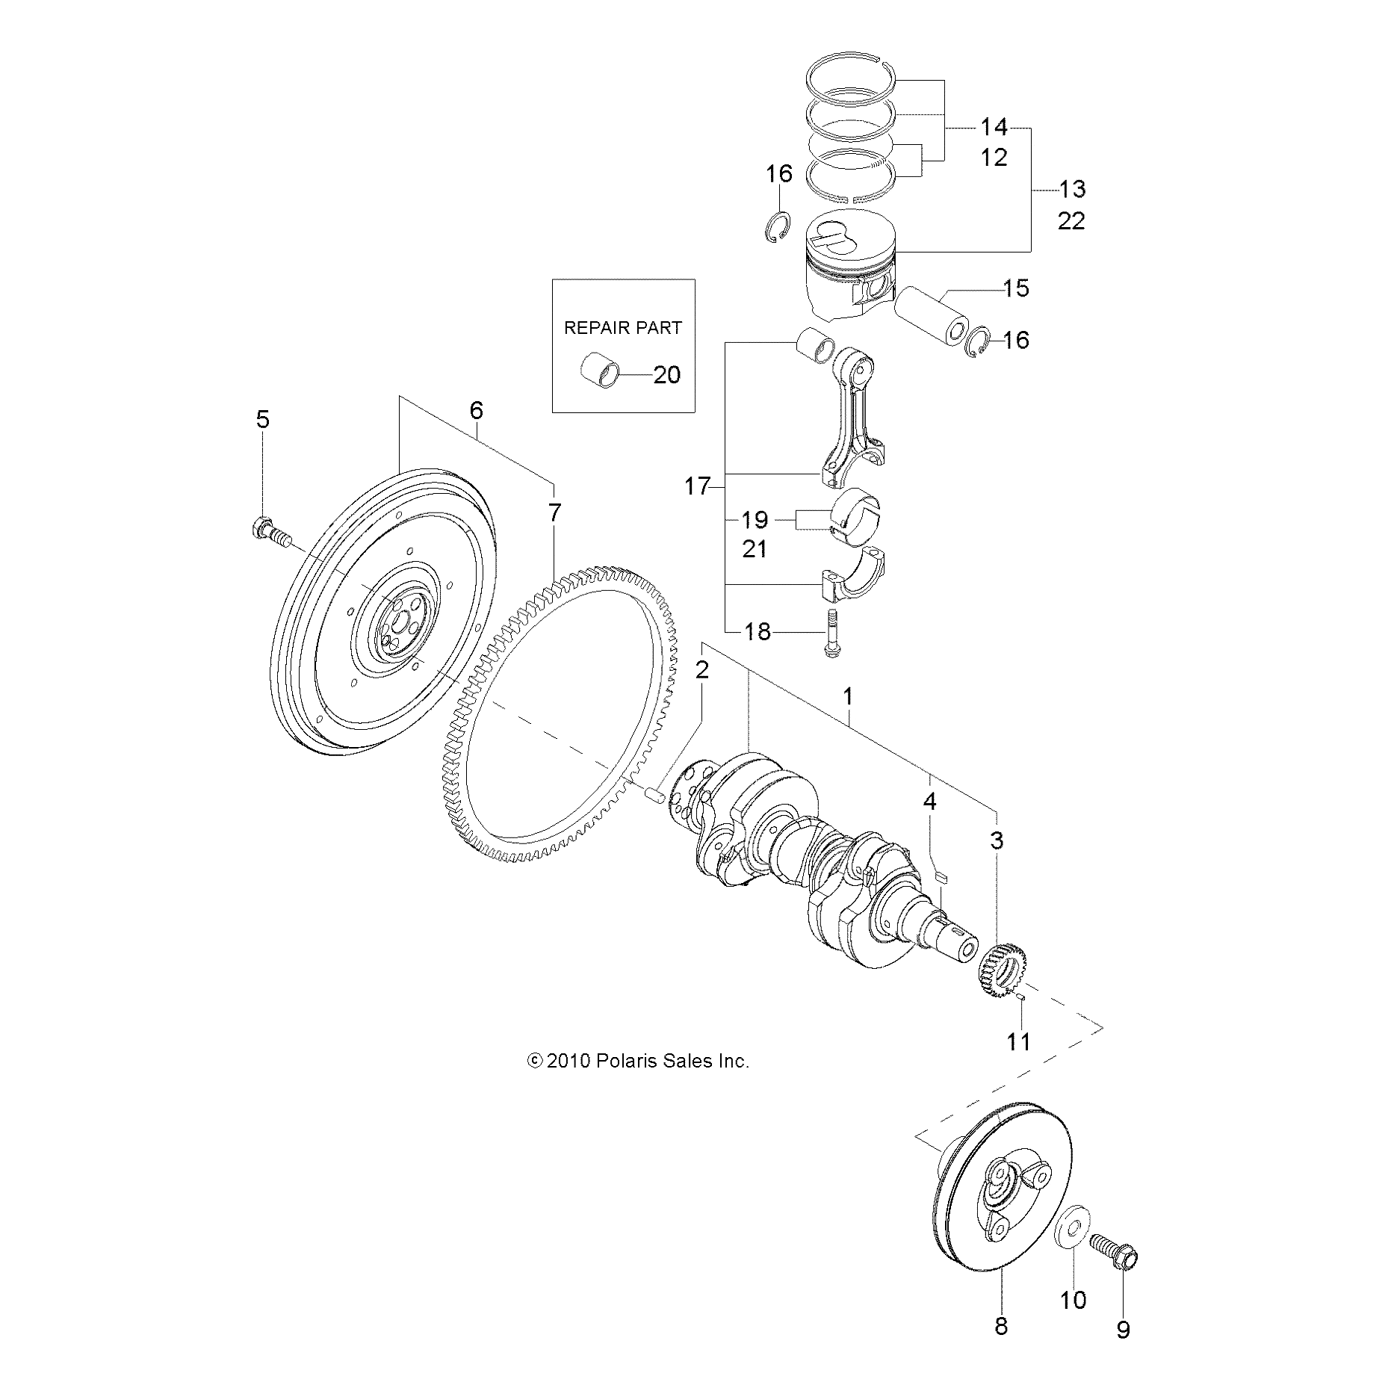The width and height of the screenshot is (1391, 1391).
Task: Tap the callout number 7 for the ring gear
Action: click(554, 513)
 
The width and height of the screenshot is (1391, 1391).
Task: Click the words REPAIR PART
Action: click(622, 328)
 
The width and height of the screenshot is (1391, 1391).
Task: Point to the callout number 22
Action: click(1071, 222)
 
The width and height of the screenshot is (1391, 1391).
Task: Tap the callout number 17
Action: click(697, 487)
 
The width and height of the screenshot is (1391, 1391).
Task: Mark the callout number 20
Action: click(666, 374)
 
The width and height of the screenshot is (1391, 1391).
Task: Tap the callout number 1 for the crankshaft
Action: click(847, 696)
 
